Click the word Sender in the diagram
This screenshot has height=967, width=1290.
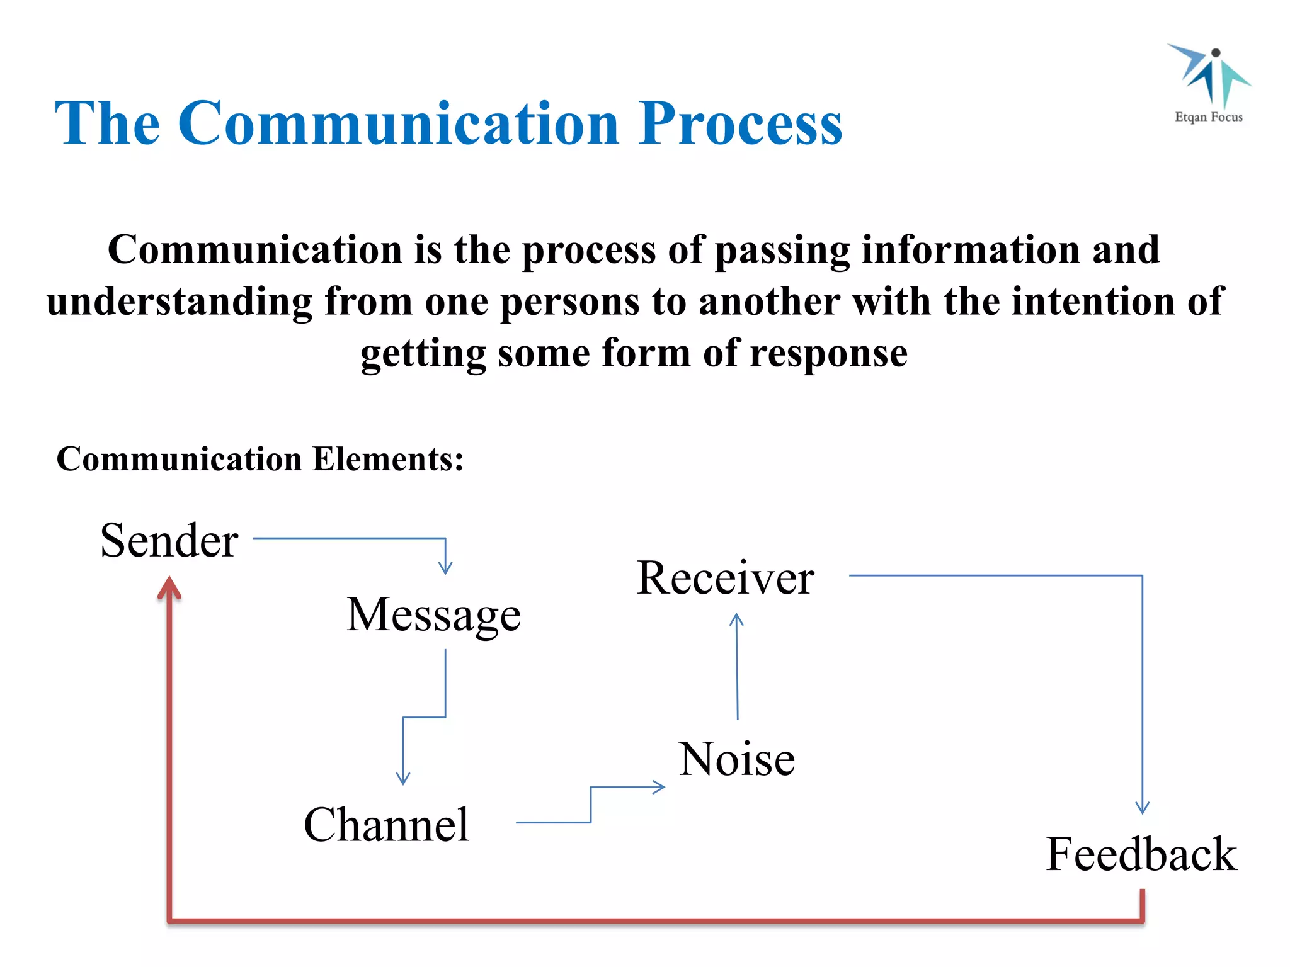(169, 540)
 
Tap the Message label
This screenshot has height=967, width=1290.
(433, 615)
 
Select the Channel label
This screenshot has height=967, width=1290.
(386, 824)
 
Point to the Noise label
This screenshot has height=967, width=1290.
(736, 759)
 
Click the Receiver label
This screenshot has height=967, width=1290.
(725, 577)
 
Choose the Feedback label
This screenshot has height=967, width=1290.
(1141, 854)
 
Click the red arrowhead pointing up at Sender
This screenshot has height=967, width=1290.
(169, 588)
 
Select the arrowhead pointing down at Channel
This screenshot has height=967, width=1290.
(403, 779)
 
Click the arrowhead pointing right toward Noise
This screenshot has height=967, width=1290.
(659, 787)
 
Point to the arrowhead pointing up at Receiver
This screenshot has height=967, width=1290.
(736, 620)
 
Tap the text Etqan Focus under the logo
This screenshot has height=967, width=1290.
(1209, 117)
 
